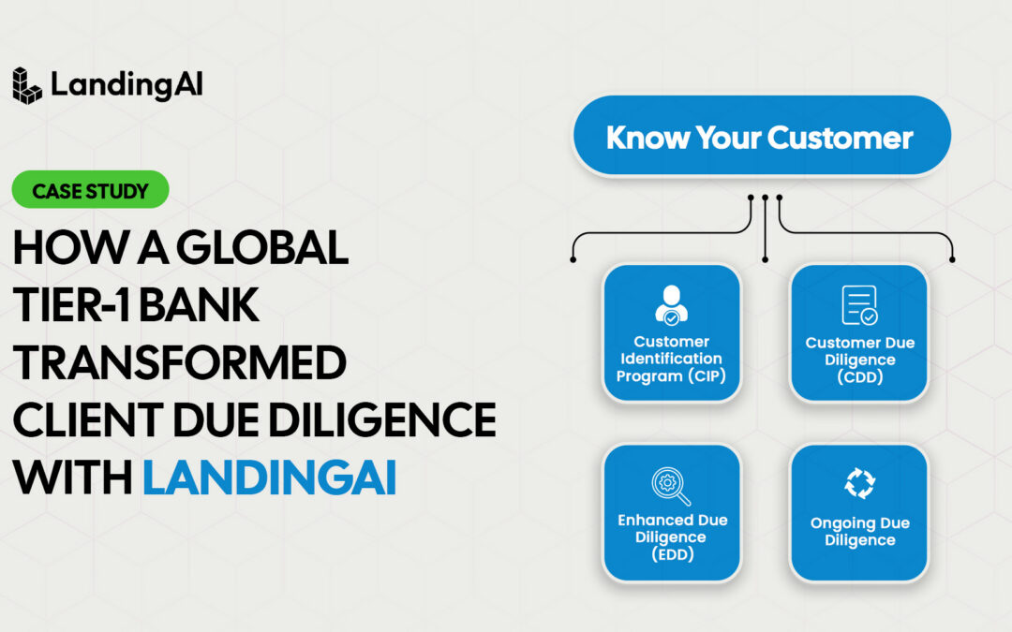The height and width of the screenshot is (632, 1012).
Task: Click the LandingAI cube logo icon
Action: [27, 85]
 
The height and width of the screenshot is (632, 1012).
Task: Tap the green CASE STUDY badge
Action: [90, 190]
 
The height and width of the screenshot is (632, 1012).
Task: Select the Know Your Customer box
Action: [760, 138]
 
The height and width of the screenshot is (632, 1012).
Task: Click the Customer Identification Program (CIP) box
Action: [671, 333]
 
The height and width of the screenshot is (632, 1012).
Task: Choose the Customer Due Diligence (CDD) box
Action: [858, 333]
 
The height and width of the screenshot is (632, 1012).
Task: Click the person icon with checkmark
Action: [671, 304]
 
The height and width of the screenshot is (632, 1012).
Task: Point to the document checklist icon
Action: [858, 305]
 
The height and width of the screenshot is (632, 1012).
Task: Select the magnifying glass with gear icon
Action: [671, 485]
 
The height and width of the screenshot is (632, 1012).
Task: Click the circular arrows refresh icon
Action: [858, 483]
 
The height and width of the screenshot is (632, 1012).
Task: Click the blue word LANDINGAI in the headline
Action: [270, 478]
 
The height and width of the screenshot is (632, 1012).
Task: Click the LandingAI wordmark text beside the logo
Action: [126, 85]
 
